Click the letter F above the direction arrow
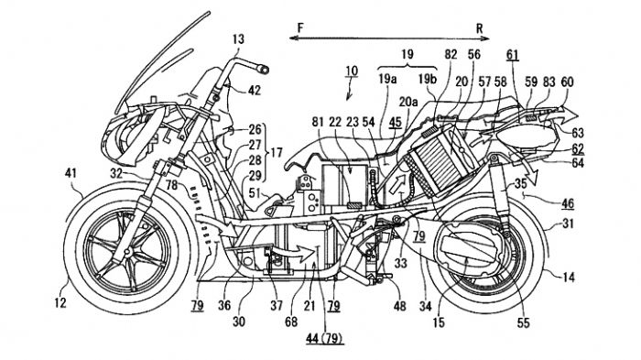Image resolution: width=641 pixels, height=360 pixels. (301, 27)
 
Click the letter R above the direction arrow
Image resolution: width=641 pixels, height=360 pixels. (479, 28)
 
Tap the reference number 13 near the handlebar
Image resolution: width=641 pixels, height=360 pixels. (238, 39)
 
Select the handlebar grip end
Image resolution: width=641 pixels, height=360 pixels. (263, 69)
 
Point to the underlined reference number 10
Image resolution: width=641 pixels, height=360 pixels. (351, 71)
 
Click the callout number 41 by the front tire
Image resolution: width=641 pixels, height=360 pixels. (71, 173)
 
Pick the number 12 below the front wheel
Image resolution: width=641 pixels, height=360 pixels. (60, 303)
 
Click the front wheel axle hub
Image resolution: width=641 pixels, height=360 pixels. (128, 253)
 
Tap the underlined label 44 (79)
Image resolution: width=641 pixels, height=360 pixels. (324, 338)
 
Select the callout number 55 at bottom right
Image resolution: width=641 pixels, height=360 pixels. (523, 323)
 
